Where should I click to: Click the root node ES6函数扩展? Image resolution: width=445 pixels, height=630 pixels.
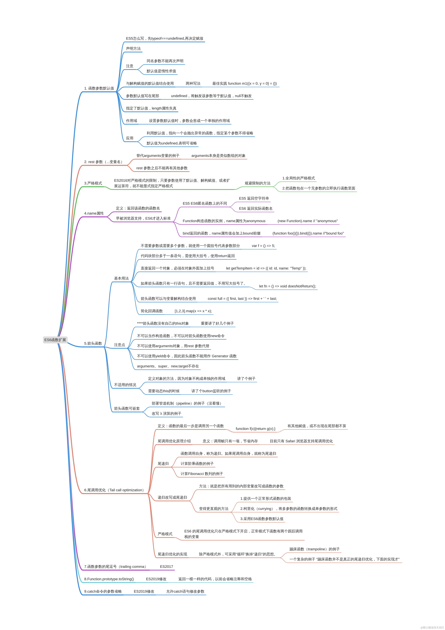point(55,340)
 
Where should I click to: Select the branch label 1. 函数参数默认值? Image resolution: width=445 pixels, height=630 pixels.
point(99,88)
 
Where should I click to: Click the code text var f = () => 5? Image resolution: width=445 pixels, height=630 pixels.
point(263,246)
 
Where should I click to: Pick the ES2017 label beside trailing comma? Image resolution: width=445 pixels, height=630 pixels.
point(166,567)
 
